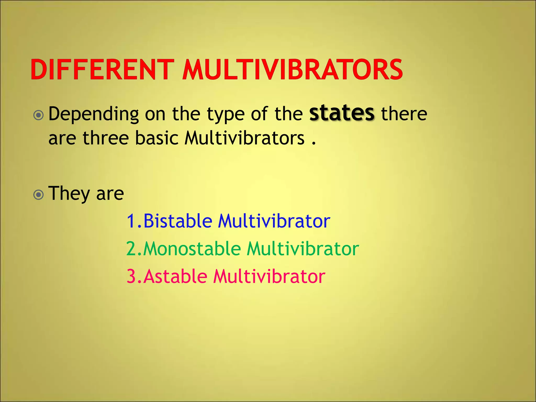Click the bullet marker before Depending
[38, 115]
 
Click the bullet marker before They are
[38, 194]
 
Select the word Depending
[93, 115]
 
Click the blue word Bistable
[178, 221]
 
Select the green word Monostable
[192, 249]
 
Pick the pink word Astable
[175, 276]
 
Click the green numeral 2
[131, 249]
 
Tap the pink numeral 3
[131, 277]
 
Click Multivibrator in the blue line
[274, 221]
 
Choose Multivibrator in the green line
[303, 249]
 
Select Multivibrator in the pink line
[269, 276]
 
